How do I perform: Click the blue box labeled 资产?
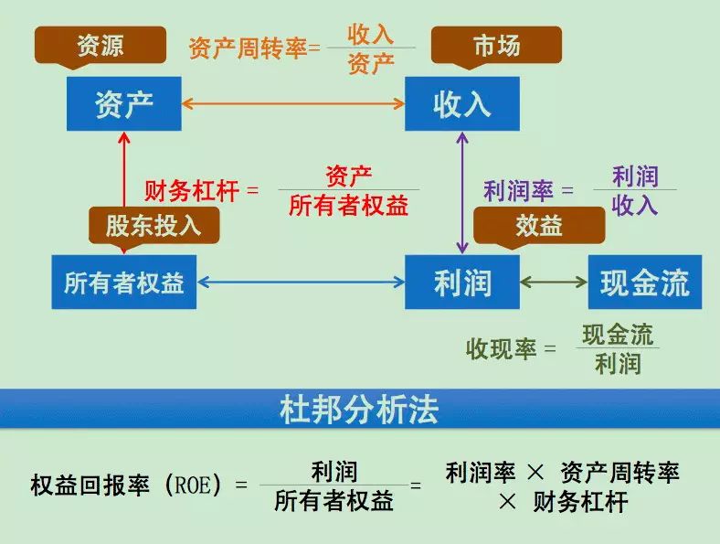[x=124, y=104]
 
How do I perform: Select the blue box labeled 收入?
[x=462, y=104]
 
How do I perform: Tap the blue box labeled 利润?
[x=462, y=283]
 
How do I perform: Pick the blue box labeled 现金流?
[x=645, y=283]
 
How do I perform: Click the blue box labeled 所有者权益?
[x=124, y=283]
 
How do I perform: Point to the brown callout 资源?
[x=101, y=46]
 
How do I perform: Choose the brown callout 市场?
[x=496, y=46]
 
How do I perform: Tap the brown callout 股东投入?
[x=154, y=226]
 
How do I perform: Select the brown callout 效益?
[x=539, y=226]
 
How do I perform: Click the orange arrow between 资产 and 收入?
[x=293, y=103]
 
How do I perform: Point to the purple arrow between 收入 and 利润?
[x=462, y=193]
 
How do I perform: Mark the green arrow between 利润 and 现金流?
[x=554, y=282]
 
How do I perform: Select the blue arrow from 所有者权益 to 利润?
[x=301, y=282]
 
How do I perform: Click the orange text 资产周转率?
[x=248, y=48]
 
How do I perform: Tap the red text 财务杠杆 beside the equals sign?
[x=192, y=190]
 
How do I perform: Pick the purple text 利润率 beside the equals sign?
[x=518, y=191]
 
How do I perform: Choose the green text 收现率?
[x=501, y=348]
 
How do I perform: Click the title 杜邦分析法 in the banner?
[x=359, y=409]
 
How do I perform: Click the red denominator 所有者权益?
[x=349, y=206]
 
